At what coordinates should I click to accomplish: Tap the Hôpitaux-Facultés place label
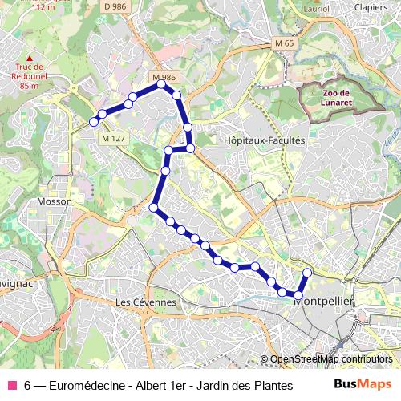click(x=253, y=140)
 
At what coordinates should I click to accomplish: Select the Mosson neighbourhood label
click(x=54, y=201)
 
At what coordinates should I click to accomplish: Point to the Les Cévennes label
click(x=145, y=302)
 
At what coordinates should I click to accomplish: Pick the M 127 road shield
click(x=113, y=138)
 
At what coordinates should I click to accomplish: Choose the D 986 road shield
click(x=115, y=6)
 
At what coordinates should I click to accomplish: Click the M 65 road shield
click(x=285, y=43)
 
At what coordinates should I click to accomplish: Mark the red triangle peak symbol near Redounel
click(x=30, y=58)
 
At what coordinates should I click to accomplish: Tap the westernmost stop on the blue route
click(x=94, y=122)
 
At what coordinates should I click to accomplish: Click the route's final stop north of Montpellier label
click(x=306, y=273)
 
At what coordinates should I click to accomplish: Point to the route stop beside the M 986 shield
click(x=161, y=83)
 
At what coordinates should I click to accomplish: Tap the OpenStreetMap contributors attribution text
click(x=331, y=359)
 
